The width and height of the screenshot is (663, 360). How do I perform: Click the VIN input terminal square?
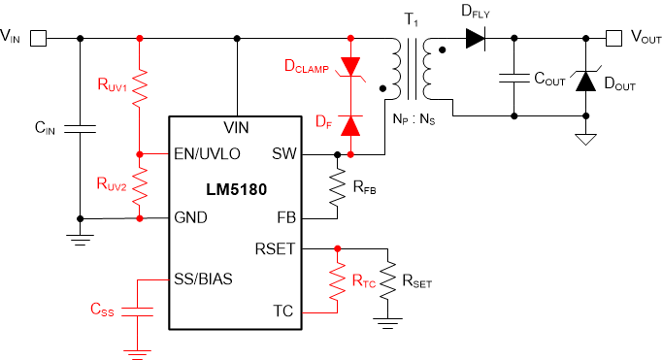(40, 39)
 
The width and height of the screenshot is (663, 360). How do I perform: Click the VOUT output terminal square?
(613, 39)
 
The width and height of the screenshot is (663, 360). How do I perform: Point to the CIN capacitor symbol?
(80, 127)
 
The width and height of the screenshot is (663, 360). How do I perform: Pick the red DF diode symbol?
(350, 125)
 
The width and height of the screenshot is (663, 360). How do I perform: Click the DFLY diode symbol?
(475, 39)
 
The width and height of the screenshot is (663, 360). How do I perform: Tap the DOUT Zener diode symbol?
(585, 81)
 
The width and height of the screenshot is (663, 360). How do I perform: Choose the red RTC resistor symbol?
(337, 282)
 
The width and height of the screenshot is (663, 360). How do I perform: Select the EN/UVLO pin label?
(205, 154)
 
